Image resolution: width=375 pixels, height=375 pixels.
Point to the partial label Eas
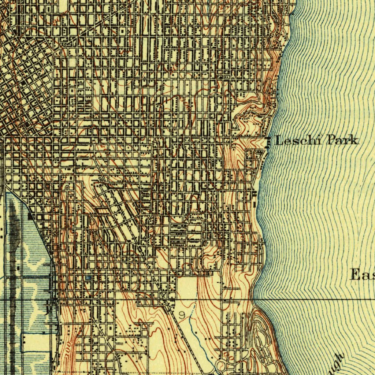pyautogui.click(x=363, y=274)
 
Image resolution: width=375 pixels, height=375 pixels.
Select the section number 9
pyautogui.click(x=182, y=314)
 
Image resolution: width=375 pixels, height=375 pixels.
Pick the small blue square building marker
pyautogui.click(x=88, y=278)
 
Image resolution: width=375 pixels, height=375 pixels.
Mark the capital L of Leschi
pyautogui.click(x=279, y=140)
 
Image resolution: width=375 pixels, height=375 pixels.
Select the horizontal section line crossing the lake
pyautogui.click(x=315, y=299)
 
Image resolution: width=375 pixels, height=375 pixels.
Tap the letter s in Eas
pyautogui.click(x=372, y=275)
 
